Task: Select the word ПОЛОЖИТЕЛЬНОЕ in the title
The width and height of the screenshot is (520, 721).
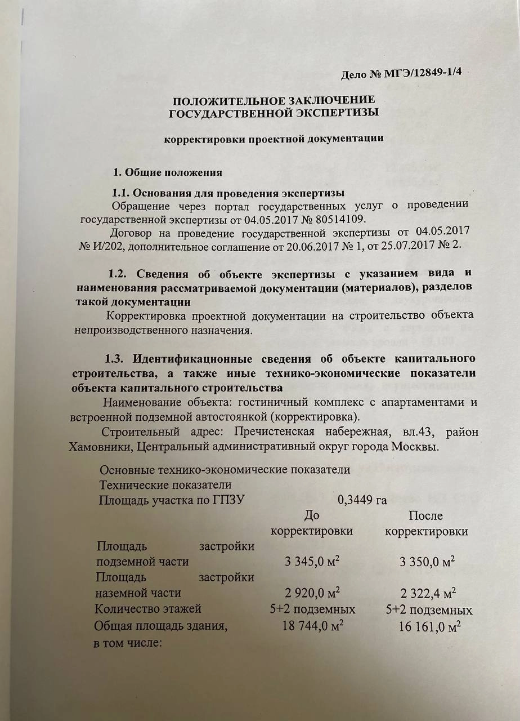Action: coord(222,101)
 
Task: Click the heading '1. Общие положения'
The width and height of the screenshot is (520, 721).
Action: coord(168,172)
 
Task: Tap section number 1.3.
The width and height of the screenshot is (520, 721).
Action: coord(118,359)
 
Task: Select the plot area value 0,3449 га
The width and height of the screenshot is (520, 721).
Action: coord(362,500)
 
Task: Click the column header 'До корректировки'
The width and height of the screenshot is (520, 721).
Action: coord(312,523)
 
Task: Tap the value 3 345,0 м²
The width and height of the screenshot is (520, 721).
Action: coord(312,562)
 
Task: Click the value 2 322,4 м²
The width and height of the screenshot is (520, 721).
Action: coord(429,593)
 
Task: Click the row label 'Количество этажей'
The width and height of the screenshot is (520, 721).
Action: coord(148,609)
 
